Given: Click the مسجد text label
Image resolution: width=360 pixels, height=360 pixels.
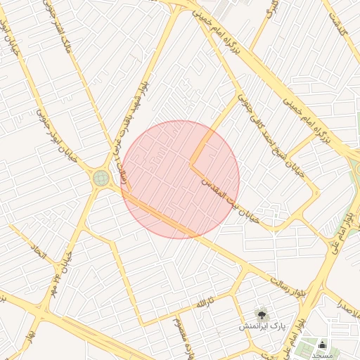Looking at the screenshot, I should coord(322,356).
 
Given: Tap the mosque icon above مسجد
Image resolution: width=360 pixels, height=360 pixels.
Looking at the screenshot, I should coord(323,345).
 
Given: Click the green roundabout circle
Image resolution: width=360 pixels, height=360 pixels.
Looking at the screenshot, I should coord(101,179).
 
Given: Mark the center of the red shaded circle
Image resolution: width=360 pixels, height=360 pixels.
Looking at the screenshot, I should coord(180,179).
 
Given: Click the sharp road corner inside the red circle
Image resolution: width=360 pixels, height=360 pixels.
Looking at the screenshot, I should coord(191,165).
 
